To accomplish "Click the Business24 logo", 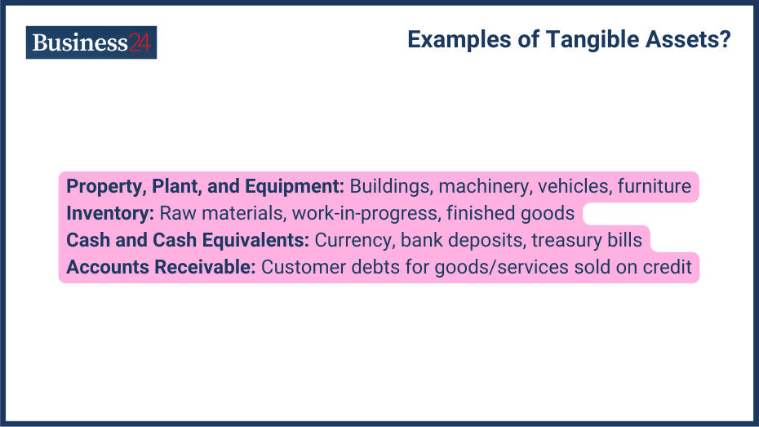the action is [91, 42].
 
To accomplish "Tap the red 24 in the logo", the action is [140, 42].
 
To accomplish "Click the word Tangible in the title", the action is [593, 40].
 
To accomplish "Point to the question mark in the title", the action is [725, 39].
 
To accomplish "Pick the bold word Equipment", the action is [295, 187].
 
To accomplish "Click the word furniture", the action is [655, 186].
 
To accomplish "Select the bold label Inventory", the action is [110, 214].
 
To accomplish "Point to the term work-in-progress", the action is [366, 214].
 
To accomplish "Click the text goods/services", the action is [501, 268].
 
